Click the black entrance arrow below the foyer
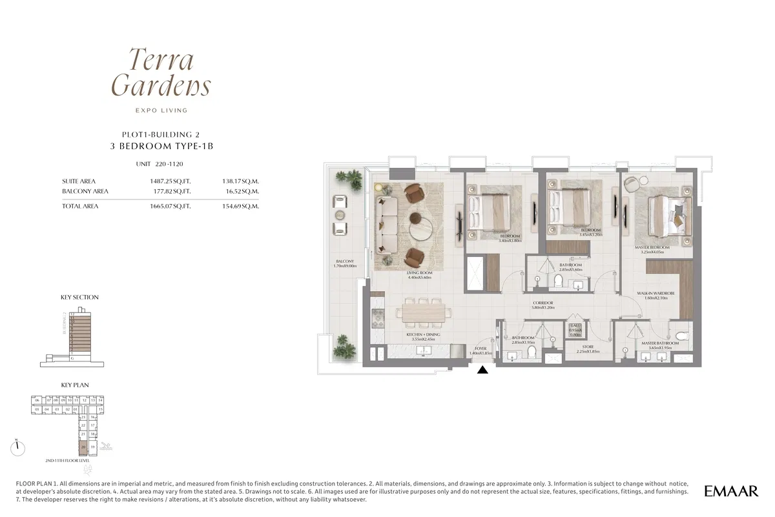(482, 370)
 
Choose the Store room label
(573, 349)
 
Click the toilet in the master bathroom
(685, 336)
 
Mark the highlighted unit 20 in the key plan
(83, 446)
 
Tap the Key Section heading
(79, 298)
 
